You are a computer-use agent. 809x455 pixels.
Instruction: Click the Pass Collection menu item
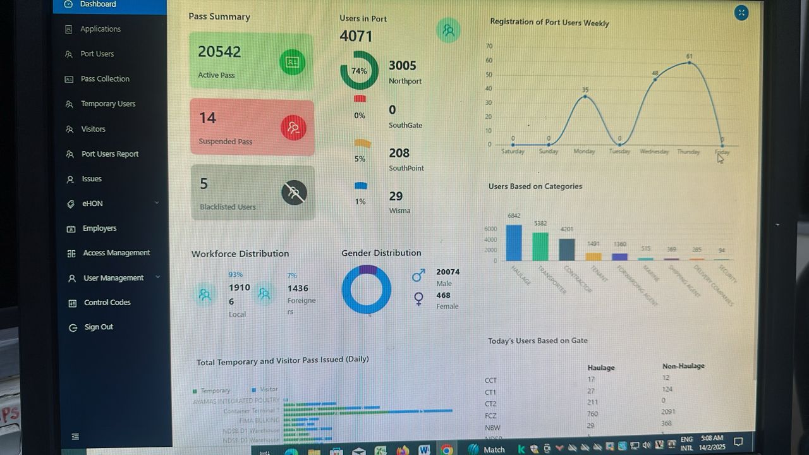(x=105, y=79)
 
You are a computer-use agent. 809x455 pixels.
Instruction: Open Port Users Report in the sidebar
(x=109, y=154)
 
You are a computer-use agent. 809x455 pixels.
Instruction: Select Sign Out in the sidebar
(x=99, y=327)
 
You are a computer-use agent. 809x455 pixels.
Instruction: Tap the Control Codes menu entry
(x=107, y=303)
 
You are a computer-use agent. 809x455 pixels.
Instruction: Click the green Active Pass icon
(x=292, y=62)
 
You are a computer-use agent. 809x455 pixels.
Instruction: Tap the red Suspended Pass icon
(x=293, y=128)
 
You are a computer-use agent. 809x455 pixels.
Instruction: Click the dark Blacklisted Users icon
(x=294, y=193)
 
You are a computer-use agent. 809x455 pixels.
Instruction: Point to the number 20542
(x=219, y=52)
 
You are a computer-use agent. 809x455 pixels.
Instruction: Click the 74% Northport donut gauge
(x=359, y=71)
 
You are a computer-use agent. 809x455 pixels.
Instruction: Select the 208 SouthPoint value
(x=399, y=153)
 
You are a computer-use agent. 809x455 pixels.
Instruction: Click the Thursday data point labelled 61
(x=689, y=63)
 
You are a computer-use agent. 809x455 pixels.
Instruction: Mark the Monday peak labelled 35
(x=585, y=96)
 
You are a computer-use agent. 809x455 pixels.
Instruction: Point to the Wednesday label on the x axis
(x=654, y=152)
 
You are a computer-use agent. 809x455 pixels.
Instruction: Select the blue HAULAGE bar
(x=514, y=243)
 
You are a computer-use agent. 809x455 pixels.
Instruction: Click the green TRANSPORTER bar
(x=540, y=246)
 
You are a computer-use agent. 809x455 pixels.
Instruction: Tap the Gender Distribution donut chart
(x=367, y=289)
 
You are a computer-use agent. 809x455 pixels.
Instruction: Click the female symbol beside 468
(x=418, y=298)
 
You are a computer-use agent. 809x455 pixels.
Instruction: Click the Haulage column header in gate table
(x=600, y=368)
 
